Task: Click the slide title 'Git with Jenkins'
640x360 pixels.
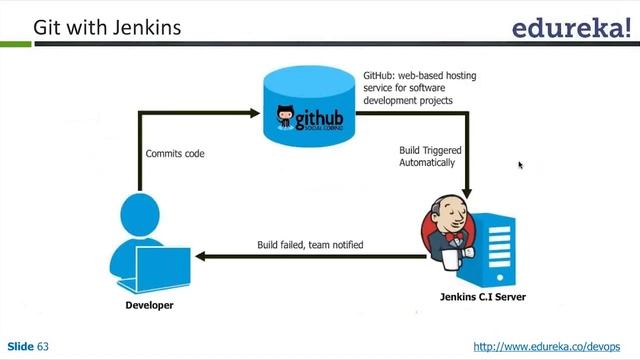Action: tap(107, 26)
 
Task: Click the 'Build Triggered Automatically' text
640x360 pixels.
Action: tap(427, 156)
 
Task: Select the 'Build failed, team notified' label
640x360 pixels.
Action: tap(310, 244)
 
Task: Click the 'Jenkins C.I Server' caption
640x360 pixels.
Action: tap(483, 297)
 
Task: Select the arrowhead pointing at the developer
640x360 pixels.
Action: tap(200, 257)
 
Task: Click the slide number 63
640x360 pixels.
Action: tap(43, 346)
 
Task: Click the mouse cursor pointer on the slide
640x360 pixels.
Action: tap(520, 165)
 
